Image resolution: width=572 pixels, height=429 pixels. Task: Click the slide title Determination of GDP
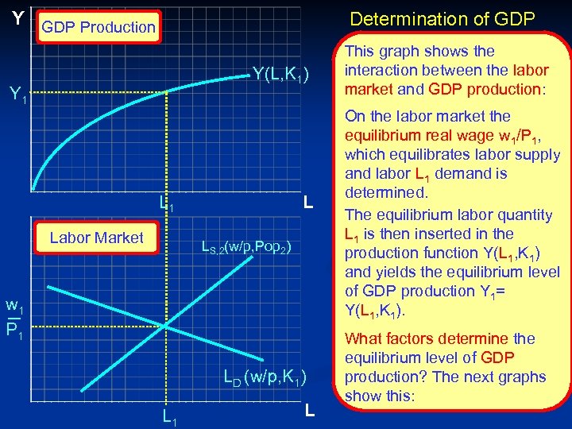(x=443, y=18)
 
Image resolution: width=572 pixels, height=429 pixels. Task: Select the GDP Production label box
(x=99, y=27)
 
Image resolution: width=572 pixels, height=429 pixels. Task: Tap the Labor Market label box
(x=96, y=237)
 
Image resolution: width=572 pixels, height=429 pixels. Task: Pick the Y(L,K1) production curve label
(x=285, y=74)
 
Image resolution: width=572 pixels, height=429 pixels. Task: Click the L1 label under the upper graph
(x=166, y=206)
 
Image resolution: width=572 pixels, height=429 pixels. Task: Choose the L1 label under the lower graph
(x=168, y=415)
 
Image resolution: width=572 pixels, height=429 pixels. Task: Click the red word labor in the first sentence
(x=531, y=70)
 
